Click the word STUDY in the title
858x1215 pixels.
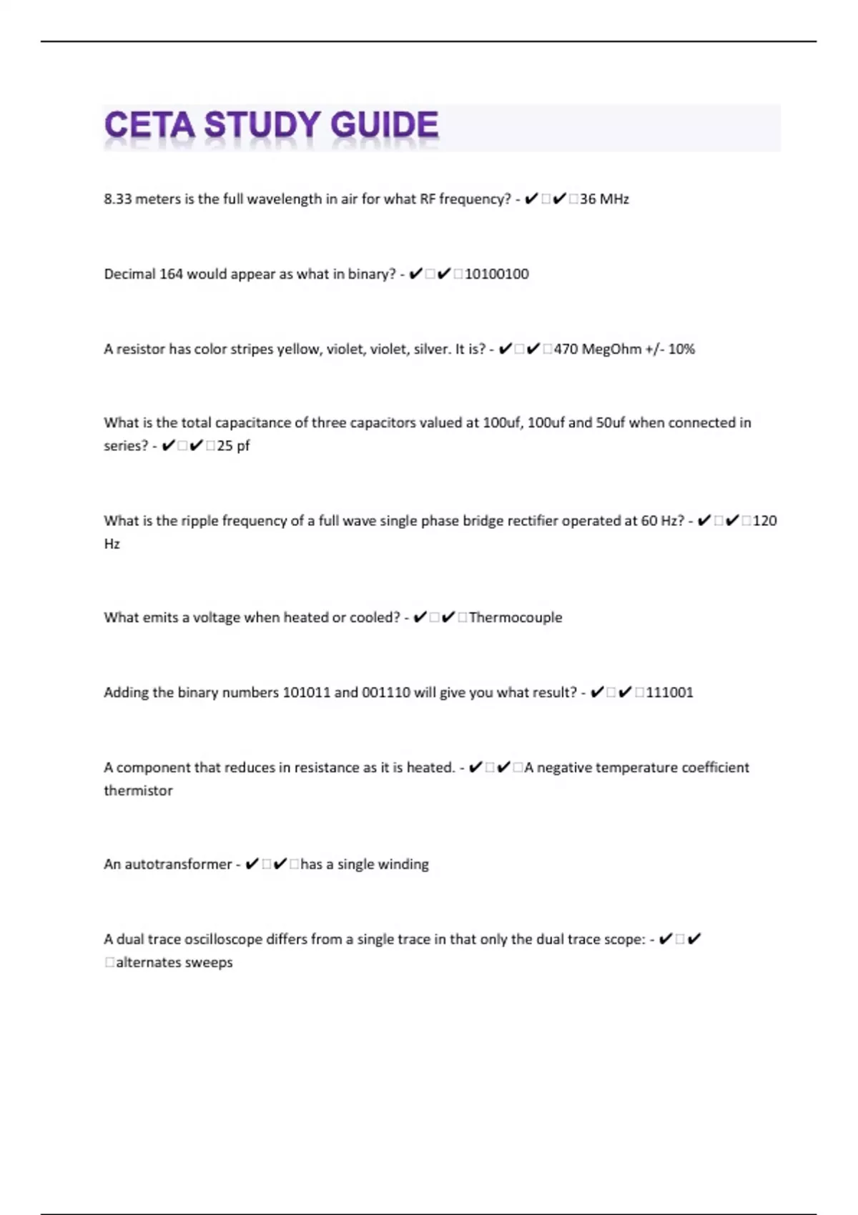point(262,126)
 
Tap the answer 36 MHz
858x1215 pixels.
point(604,199)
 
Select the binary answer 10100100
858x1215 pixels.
point(497,274)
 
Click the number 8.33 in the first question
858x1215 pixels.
point(118,199)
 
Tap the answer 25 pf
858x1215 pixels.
point(234,446)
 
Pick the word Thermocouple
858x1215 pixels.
point(516,618)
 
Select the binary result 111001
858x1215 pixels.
point(669,693)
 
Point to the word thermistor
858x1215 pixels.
point(138,790)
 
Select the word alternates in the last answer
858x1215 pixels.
point(148,963)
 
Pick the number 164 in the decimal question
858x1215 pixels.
point(171,274)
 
